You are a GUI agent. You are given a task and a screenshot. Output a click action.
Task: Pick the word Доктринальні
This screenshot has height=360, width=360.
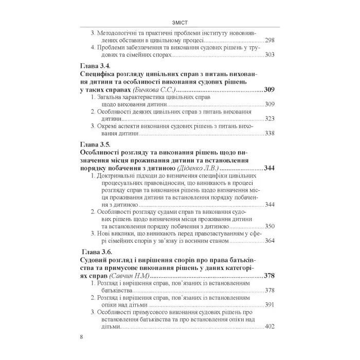click(120, 176)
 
